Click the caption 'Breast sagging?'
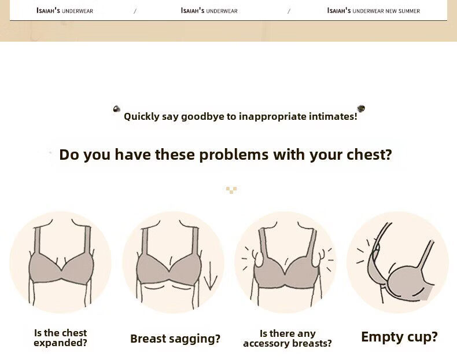pos(175,339)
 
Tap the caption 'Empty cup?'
pos(399,337)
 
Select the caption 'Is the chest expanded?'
pos(60,338)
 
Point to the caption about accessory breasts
pos(288,339)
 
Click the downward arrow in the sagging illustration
pos(210,276)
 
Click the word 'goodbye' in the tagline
pos(203,116)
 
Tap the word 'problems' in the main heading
pos(234,155)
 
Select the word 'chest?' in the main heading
pos(369,155)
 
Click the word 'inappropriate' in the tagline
pos(272,116)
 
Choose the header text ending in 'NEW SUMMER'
pos(373,11)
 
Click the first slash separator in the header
pos(135,11)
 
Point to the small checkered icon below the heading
pos(231,190)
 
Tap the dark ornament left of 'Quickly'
pos(117,109)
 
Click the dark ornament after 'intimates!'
pos(361,108)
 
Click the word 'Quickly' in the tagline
pos(142,116)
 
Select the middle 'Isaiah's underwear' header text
pos(209,11)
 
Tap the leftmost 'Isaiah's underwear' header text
pos(65,11)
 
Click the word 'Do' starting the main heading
pos(69,155)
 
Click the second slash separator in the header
pos(289,11)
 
